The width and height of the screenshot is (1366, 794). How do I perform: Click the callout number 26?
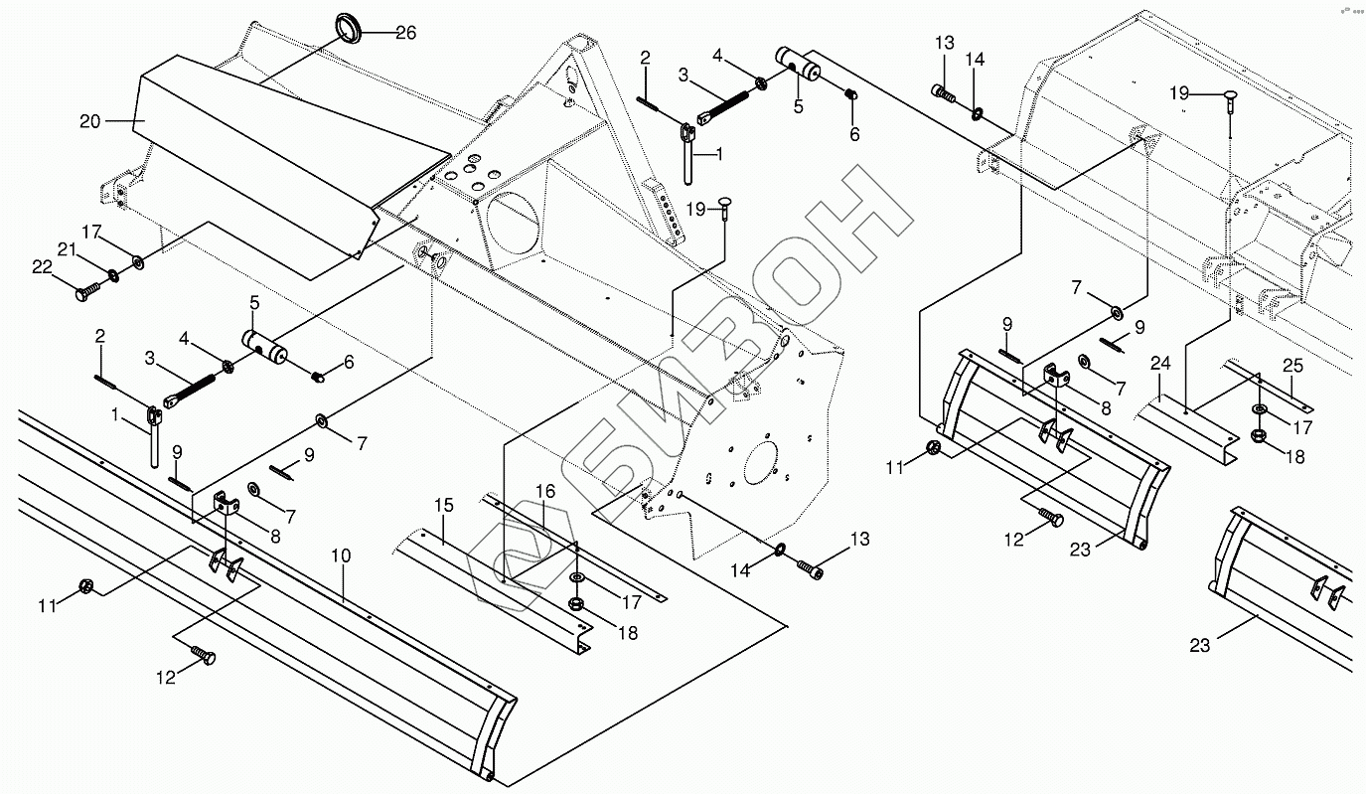[x=405, y=33]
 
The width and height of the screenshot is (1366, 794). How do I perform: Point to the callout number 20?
[x=90, y=121]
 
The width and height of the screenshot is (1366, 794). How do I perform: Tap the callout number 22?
[x=42, y=267]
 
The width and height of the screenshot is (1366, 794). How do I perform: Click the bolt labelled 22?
[x=89, y=291]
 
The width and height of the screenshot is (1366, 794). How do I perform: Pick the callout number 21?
[x=67, y=249]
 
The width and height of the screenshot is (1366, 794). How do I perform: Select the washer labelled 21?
[x=113, y=275]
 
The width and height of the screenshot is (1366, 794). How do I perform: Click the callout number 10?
[x=342, y=556]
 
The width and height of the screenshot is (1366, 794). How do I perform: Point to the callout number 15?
[x=444, y=505]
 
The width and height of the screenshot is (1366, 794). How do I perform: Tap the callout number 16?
[x=545, y=492]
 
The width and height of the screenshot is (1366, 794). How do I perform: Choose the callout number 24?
[x=1160, y=364]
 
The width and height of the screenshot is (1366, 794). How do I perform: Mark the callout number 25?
[x=1292, y=366]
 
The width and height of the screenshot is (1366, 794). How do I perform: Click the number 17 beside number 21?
[x=91, y=232]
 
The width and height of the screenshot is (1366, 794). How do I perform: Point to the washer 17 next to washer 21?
[x=138, y=262]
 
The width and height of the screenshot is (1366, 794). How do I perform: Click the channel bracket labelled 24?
[x=1187, y=430]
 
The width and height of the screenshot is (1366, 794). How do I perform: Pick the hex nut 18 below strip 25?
[x=1258, y=436]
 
